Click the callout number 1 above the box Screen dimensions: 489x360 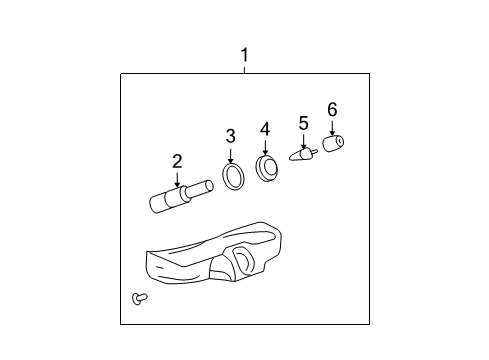245,55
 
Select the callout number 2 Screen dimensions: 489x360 177,161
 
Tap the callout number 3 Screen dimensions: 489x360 231,136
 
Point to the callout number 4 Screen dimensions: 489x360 265,129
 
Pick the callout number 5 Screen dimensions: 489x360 303,123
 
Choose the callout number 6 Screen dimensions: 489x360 332,109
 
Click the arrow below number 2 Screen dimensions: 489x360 177,179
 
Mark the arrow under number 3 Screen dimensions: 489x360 231,156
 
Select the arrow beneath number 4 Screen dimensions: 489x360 265,148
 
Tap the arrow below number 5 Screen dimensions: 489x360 303,141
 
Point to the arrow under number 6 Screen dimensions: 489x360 332,128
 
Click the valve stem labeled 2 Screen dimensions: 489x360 181,196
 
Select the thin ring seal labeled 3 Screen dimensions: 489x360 233,176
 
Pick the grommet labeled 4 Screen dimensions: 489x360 267,169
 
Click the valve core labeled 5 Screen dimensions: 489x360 303,155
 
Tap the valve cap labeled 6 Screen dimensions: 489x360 333,143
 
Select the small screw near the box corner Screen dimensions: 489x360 140,298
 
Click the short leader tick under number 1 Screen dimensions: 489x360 245,70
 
